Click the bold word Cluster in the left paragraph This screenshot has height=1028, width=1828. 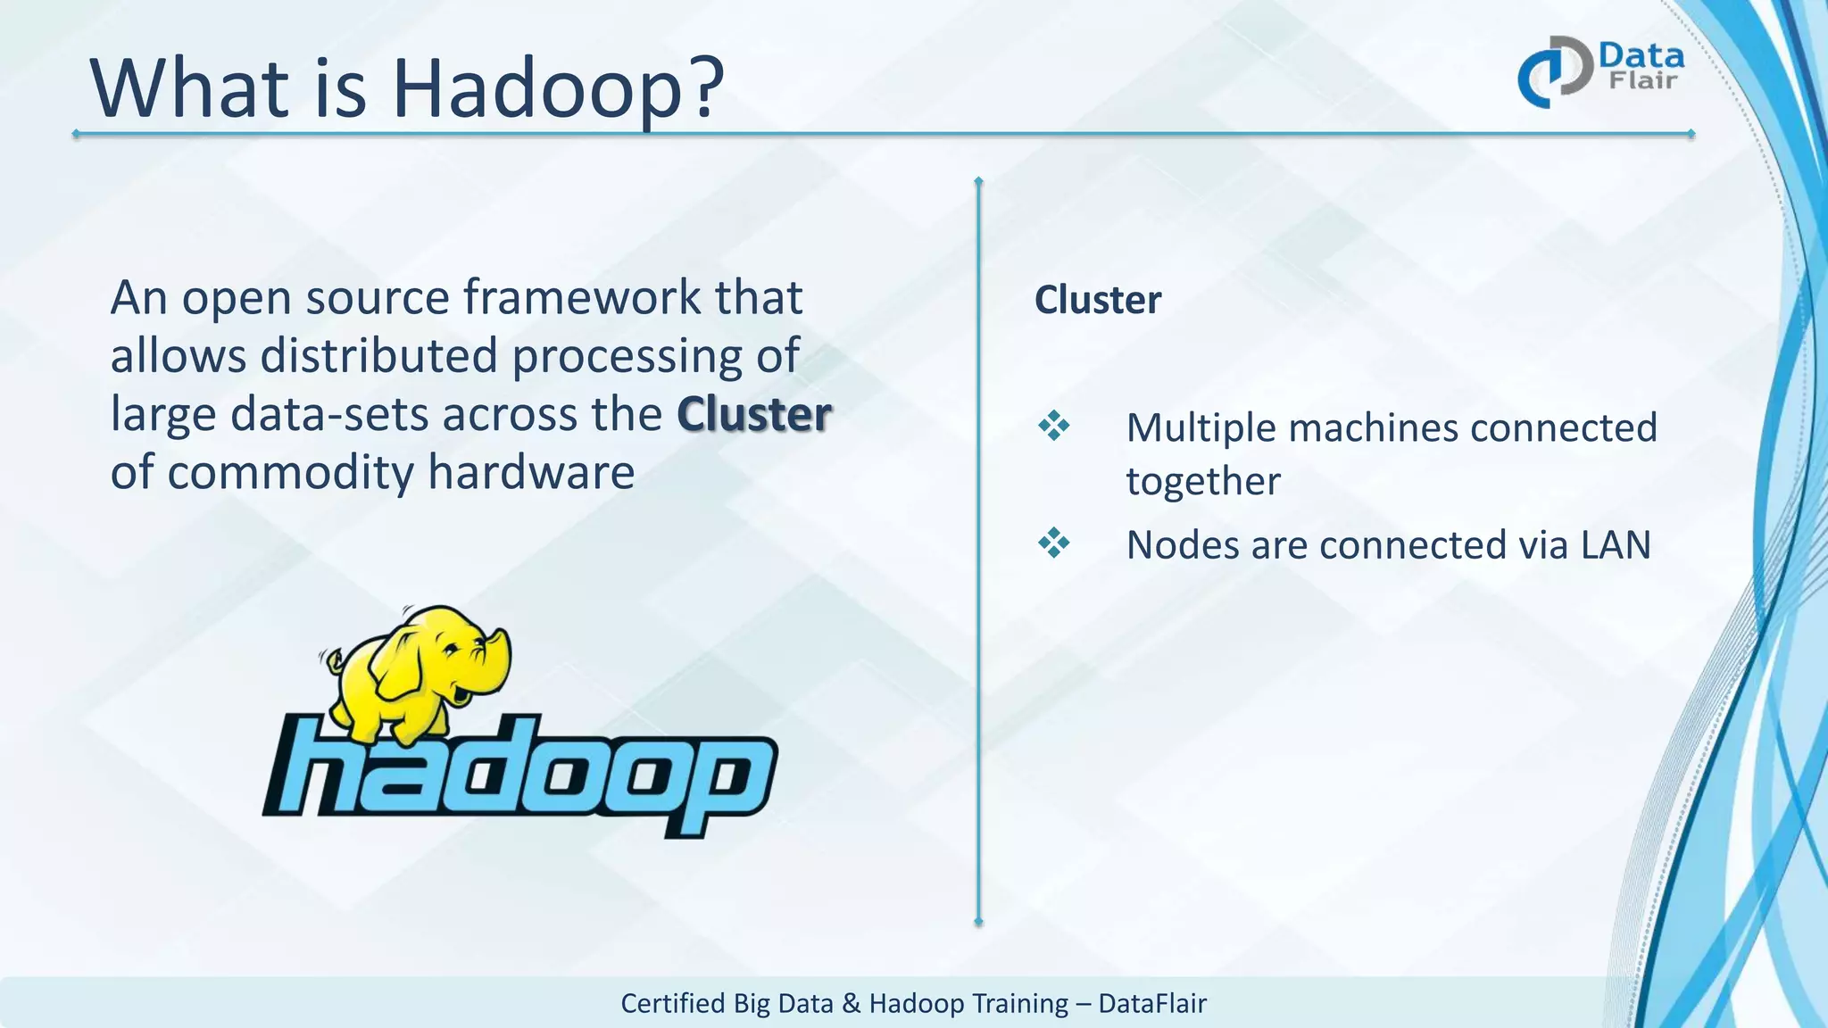point(754,414)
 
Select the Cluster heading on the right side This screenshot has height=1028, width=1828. point(1097,300)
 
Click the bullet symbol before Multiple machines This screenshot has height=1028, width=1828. point(1053,426)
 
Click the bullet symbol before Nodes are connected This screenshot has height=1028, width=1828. point(1053,543)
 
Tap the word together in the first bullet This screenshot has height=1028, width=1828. point(1202,481)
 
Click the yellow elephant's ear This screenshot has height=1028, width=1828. point(402,665)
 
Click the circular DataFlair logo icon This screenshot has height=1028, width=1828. point(1554,72)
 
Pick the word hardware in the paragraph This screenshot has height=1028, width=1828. point(531,472)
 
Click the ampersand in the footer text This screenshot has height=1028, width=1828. point(852,1003)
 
